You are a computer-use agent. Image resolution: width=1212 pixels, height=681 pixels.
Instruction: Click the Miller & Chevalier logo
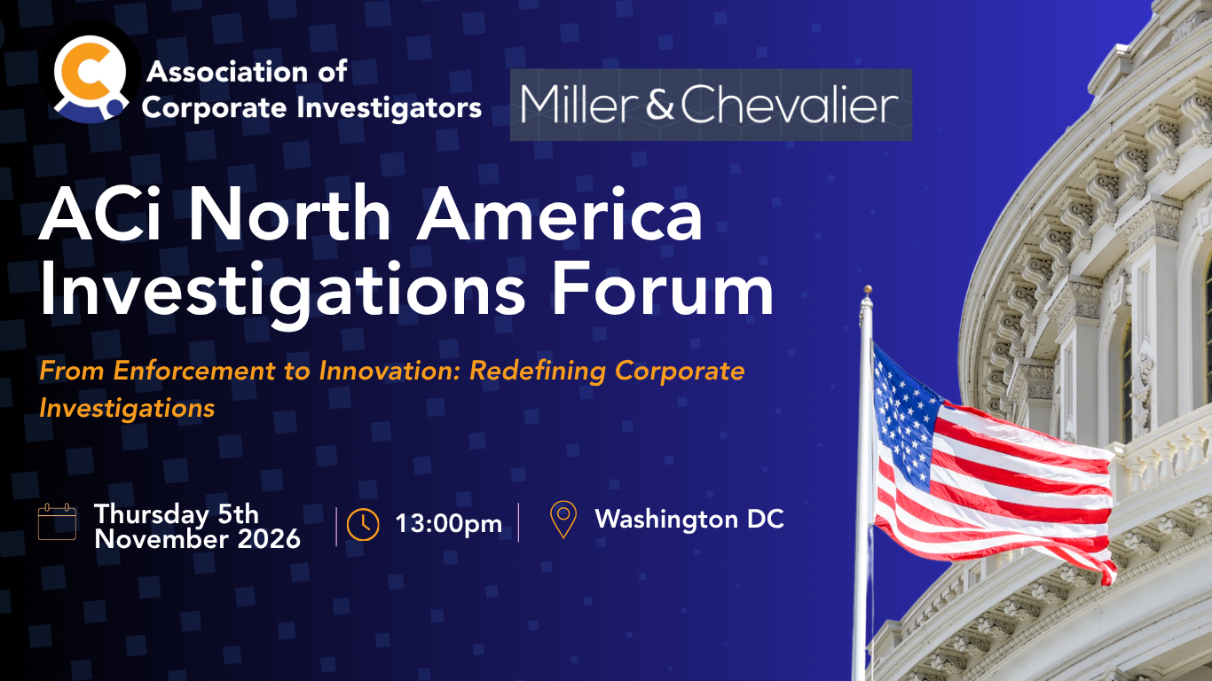click(711, 105)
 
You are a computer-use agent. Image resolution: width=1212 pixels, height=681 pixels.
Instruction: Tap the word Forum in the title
click(663, 289)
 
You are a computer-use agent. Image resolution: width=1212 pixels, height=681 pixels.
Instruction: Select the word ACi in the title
click(100, 215)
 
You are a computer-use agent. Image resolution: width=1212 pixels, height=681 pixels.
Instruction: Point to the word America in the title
click(559, 215)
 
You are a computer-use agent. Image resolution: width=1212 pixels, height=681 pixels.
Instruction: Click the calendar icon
click(57, 521)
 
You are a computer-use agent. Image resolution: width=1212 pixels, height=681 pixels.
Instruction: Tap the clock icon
click(363, 524)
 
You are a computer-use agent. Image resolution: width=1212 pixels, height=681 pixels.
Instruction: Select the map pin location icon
click(563, 520)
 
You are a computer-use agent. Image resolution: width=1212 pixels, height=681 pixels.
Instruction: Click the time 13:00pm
click(449, 523)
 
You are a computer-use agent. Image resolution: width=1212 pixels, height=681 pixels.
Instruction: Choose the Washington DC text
click(689, 520)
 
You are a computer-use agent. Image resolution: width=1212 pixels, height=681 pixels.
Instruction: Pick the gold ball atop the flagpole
click(868, 289)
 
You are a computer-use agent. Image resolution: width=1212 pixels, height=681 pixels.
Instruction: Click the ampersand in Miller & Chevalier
click(660, 104)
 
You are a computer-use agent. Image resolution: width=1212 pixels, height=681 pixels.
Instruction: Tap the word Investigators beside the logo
click(389, 107)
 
